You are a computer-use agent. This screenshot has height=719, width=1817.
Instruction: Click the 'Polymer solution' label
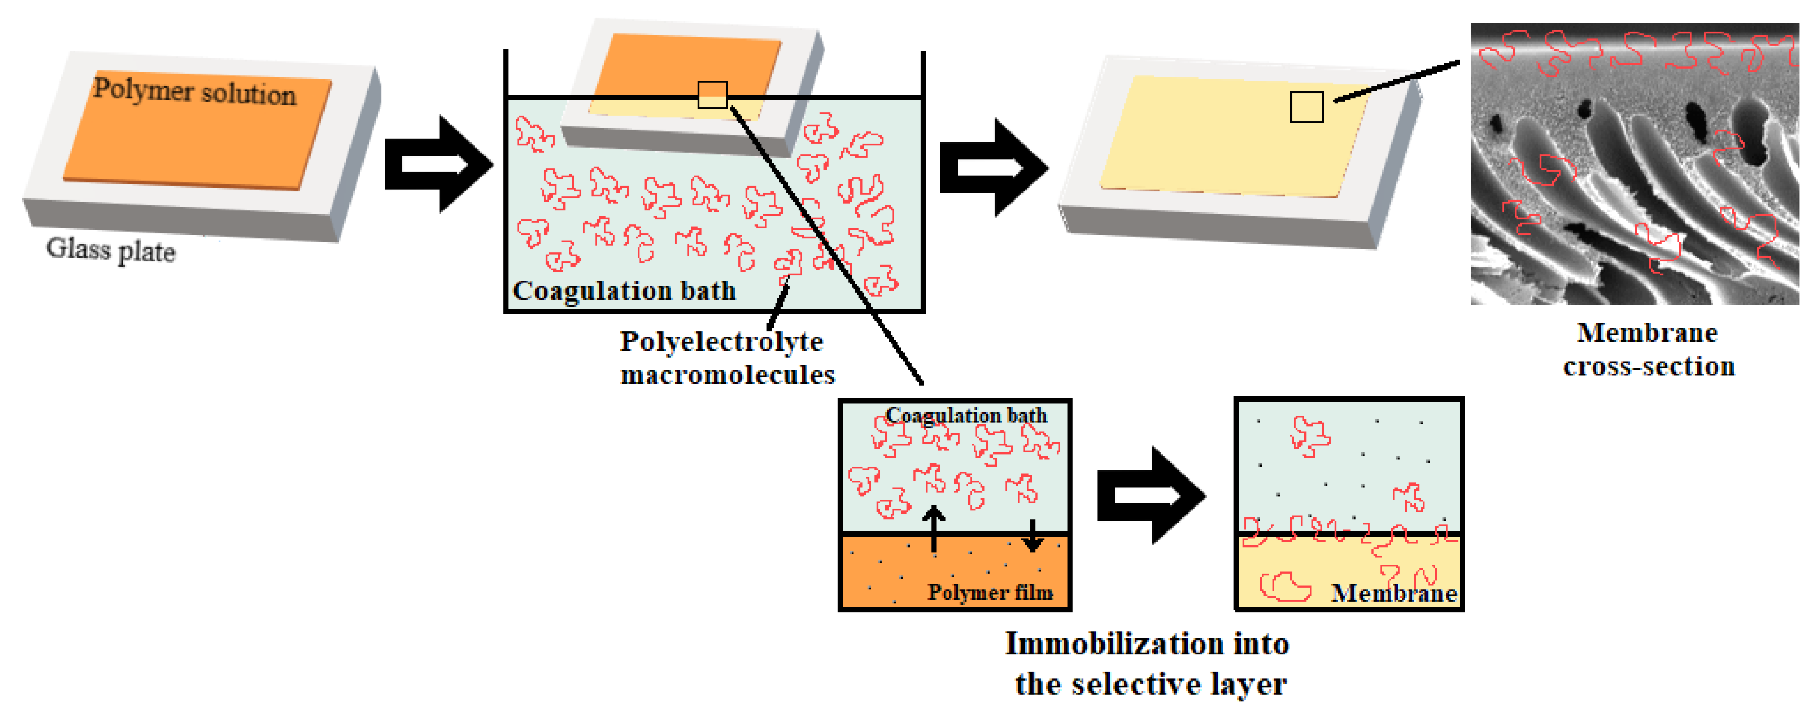[195, 92]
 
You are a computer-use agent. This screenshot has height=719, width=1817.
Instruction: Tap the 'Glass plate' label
[111, 250]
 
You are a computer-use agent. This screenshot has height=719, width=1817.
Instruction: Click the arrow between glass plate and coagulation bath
[437, 164]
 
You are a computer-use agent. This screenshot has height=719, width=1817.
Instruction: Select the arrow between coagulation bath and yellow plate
[992, 168]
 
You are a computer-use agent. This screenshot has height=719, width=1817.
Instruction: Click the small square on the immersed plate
[712, 95]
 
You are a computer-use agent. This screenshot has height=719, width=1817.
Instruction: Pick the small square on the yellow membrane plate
[1307, 107]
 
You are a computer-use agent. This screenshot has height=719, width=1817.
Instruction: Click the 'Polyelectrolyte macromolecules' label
[726, 358]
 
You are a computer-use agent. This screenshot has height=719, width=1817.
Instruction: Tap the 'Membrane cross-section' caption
[1648, 349]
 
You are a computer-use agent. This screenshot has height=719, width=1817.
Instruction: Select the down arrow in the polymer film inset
[1033, 536]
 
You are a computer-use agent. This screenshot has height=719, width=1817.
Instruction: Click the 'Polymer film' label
[990, 592]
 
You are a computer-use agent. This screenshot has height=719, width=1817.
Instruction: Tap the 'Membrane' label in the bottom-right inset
[1394, 593]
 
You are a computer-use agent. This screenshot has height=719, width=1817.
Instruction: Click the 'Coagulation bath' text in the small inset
[966, 416]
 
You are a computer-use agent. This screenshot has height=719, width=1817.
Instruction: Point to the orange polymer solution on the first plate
[197, 141]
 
